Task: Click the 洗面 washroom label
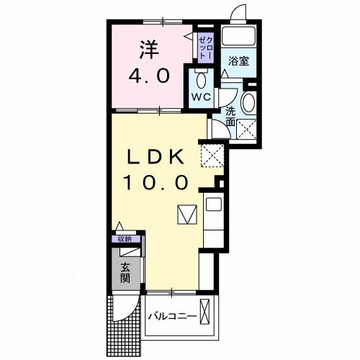coord(230,117)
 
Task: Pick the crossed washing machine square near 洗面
coord(248,131)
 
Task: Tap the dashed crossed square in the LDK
coord(211,153)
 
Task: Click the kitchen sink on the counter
coord(214,204)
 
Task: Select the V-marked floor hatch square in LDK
coord(186,215)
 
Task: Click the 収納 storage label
coord(125,239)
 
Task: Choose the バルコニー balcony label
coord(173,316)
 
